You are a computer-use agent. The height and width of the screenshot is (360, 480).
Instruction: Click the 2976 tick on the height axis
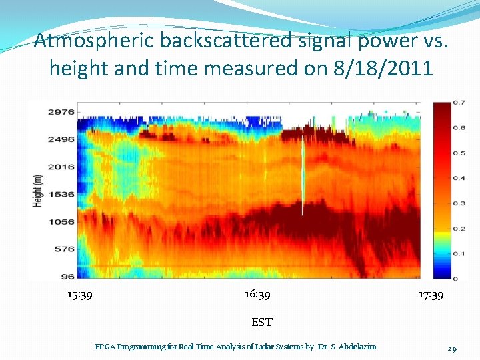point(60,112)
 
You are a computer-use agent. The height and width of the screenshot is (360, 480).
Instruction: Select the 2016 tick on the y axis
point(60,167)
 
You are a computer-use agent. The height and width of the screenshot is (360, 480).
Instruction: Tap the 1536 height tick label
point(60,194)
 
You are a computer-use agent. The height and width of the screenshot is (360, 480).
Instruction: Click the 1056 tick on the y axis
point(60,221)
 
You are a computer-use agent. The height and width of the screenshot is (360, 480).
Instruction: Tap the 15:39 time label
point(80,295)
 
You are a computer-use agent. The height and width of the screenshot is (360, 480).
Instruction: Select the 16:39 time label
point(257,294)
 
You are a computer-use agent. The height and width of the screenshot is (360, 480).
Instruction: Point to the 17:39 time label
point(431,295)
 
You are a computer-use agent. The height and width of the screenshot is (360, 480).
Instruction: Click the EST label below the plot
point(261,322)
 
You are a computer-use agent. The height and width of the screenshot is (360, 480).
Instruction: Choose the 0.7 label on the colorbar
point(459,103)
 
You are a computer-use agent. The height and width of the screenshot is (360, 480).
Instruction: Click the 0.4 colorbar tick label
point(459,178)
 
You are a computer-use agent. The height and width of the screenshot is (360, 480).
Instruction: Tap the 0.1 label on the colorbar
point(459,253)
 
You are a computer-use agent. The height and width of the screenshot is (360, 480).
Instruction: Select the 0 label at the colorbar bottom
point(455,277)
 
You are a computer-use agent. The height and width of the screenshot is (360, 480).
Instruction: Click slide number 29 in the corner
point(452,349)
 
